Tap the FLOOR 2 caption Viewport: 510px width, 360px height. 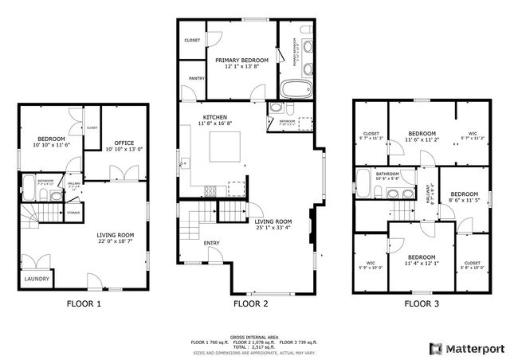pos(250,303)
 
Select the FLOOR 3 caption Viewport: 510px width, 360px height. pos(422,303)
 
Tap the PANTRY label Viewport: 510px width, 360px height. pos(196,78)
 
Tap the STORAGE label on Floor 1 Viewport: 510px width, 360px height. pos(73,213)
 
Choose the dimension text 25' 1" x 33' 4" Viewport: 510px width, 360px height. pos(273,228)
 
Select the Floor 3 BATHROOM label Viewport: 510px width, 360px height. pos(387,173)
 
